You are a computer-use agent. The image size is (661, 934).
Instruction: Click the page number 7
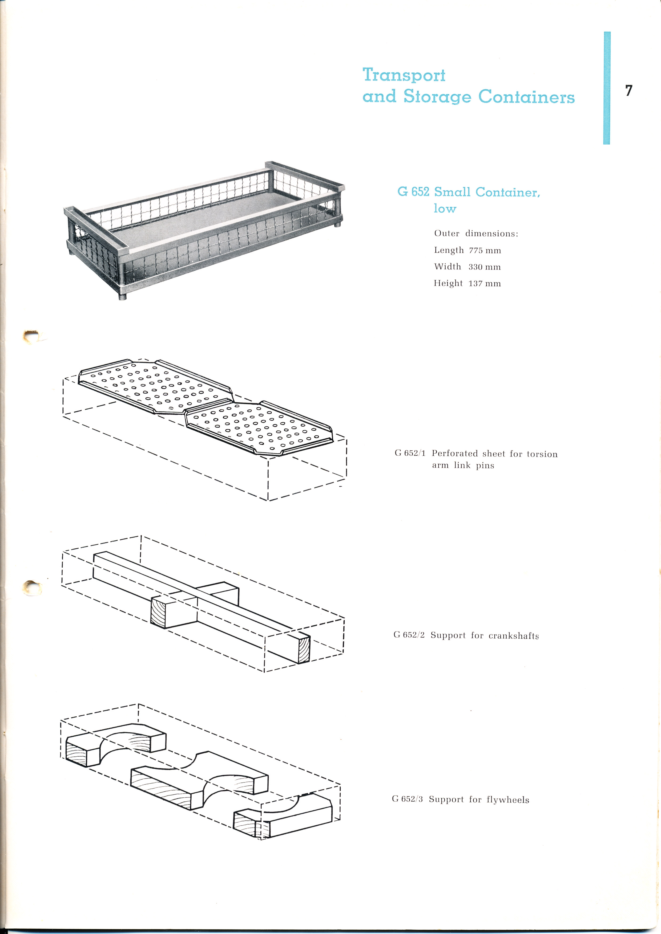629,90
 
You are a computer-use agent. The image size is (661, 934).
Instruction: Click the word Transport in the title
404,75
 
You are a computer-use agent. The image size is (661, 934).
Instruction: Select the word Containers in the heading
527,96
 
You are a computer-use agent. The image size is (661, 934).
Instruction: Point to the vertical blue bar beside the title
606,88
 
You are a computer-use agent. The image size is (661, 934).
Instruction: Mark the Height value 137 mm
484,284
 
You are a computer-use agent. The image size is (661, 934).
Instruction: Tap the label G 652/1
410,453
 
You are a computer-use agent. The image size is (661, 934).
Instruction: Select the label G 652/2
409,635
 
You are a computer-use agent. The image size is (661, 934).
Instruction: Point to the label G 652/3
408,799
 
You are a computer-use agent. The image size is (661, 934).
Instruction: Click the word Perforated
455,454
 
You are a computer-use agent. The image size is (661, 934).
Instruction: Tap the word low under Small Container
445,208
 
